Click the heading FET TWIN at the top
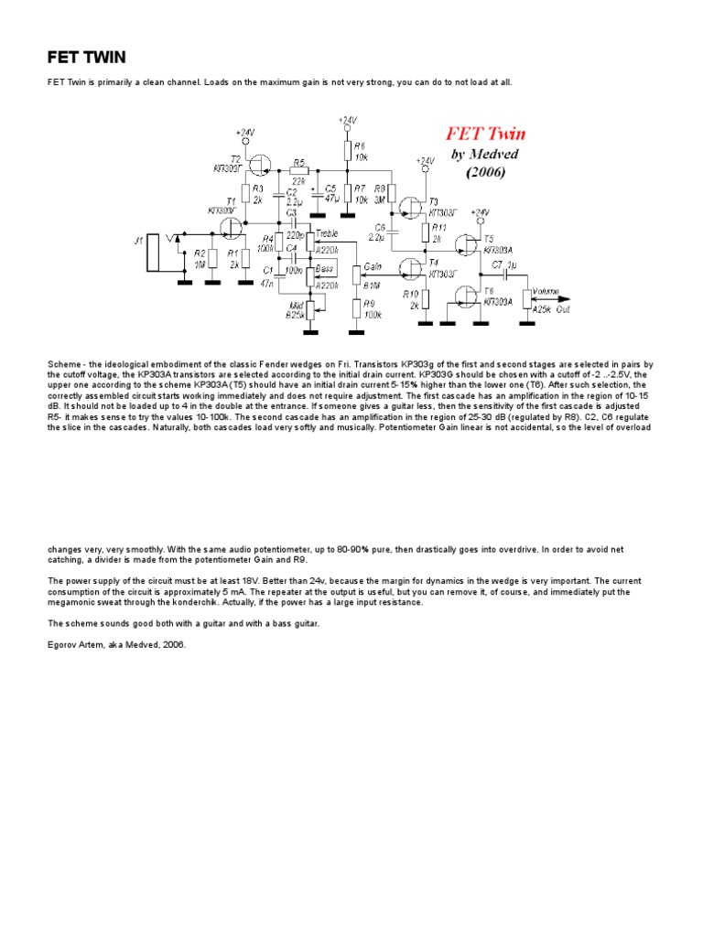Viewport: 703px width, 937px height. pyautogui.click(x=87, y=59)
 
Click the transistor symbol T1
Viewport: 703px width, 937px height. pyautogui.click(x=235, y=224)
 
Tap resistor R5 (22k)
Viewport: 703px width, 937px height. pyautogui.click(x=298, y=169)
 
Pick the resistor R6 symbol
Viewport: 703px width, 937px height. pyautogui.click(x=348, y=152)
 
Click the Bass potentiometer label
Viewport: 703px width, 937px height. pyautogui.click(x=324, y=270)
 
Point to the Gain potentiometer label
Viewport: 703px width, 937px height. pyautogui.click(x=373, y=266)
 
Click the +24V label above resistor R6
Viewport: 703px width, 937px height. pyautogui.click(x=348, y=120)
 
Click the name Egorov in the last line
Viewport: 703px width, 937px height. pyautogui.click(x=61, y=645)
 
